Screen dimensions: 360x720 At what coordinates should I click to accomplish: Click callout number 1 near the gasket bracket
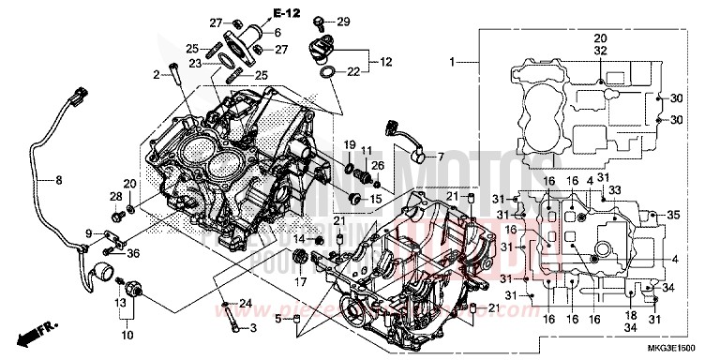coord(451,63)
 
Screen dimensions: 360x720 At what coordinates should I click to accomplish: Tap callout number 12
coord(386,63)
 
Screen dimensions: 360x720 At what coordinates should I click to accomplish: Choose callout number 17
coord(302,280)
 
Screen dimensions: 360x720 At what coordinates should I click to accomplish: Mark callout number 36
coord(134,251)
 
